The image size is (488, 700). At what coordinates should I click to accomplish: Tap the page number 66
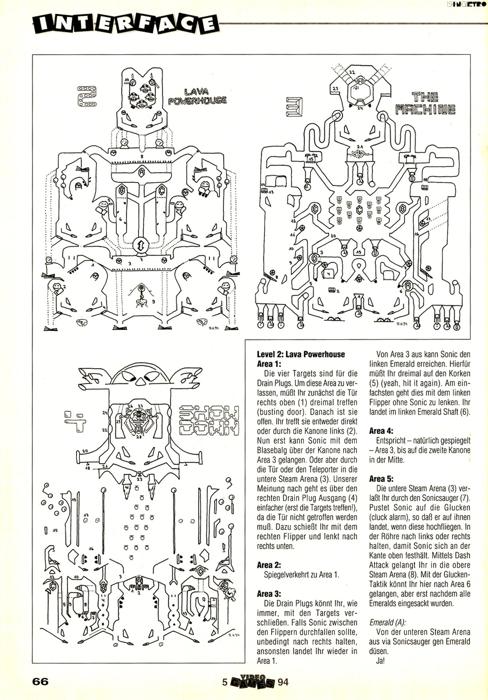click(x=41, y=681)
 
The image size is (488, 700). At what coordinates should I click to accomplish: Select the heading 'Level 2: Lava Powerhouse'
click(x=301, y=354)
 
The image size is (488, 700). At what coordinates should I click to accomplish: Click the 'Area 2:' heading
click(x=269, y=565)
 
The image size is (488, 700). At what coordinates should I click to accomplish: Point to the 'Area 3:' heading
click(x=269, y=594)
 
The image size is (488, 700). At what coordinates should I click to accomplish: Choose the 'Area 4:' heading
click(x=381, y=431)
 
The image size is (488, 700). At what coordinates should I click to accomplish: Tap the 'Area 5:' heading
click(x=381, y=479)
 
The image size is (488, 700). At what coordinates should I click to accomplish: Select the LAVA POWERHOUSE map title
click(x=197, y=96)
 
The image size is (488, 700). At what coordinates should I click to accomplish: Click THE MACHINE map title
click(x=425, y=104)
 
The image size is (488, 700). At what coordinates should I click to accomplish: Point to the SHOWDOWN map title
click(x=209, y=421)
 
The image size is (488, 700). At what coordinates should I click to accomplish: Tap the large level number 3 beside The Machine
click(x=294, y=107)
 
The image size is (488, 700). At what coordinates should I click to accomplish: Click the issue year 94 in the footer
click(x=283, y=682)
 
